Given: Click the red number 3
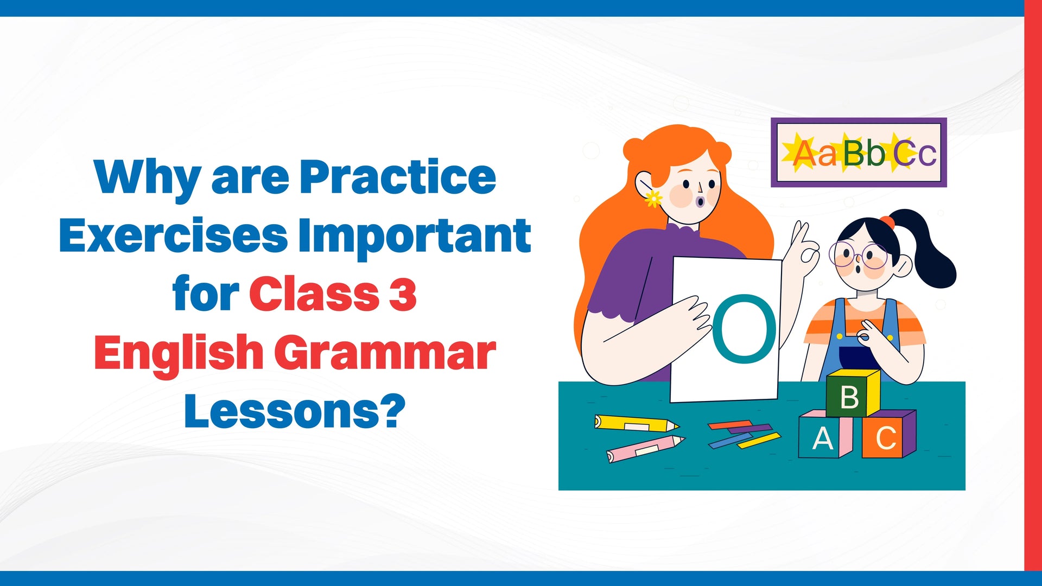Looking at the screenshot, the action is point(403,294).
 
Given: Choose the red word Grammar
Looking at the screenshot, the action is point(389,353).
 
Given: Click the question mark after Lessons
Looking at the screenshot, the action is point(392,411).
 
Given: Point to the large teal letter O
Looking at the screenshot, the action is point(744,329).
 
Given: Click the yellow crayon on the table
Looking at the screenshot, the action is point(637,423).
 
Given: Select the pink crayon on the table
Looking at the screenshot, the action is point(645,449).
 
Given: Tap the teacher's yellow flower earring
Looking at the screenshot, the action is point(653,199).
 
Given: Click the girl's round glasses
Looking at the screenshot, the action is point(858,255).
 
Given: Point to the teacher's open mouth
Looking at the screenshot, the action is point(701,202).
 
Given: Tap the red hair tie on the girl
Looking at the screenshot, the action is point(887,222).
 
